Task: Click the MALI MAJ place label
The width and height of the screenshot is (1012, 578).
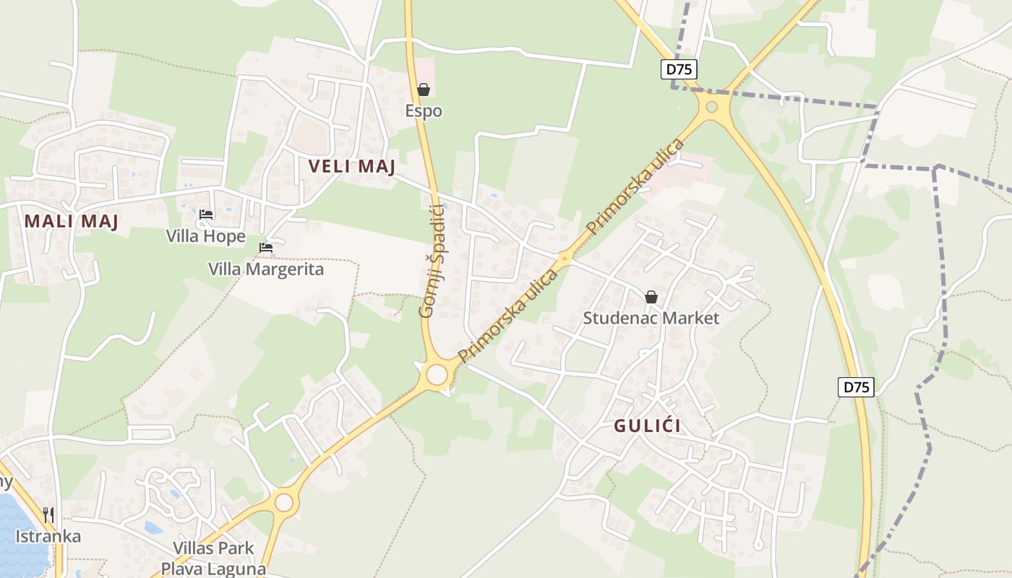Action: (x=71, y=221)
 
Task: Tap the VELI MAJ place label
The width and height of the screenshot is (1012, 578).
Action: (x=351, y=166)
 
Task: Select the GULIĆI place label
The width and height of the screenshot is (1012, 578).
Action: (x=647, y=426)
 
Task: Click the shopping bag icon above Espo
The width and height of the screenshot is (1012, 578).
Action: (x=424, y=90)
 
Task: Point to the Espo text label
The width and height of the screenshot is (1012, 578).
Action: (x=424, y=111)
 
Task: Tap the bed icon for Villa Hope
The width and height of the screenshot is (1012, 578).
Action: (x=206, y=215)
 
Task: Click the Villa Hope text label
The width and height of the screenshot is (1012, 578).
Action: (x=206, y=236)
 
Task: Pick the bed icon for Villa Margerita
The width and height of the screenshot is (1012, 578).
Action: (x=266, y=248)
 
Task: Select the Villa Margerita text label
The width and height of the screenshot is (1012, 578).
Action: (x=266, y=269)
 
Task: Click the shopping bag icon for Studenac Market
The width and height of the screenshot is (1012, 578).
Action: (x=651, y=296)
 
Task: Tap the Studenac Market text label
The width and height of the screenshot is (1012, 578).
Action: (x=651, y=318)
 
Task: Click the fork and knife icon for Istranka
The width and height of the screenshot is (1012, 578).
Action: (x=48, y=514)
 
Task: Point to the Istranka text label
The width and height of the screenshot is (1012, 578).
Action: (x=48, y=536)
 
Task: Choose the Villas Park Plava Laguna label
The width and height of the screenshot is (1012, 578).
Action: (x=213, y=558)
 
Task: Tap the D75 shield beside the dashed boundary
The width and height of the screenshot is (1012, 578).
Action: (x=678, y=69)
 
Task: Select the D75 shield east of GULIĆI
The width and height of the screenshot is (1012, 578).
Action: (x=856, y=387)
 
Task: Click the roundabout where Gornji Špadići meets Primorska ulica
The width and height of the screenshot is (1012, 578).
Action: (x=437, y=375)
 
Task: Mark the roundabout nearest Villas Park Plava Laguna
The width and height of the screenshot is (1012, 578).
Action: (x=284, y=501)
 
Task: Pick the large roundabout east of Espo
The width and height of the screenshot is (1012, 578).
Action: (x=712, y=107)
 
